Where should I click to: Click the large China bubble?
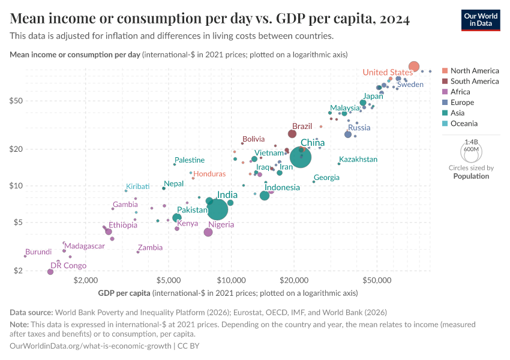coord(301,157)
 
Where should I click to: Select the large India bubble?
coord(217,209)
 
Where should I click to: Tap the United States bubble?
coord(413,67)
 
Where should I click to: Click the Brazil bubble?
coord(292,134)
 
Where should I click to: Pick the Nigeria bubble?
coord(208,232)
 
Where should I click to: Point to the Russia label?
coord(359,128)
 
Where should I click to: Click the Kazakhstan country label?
coord(358,160)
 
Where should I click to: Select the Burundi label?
coord(38,252)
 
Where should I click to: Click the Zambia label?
coord(150,247)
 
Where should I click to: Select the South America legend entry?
coord(474,81)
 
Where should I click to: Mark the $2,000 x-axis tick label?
coord(86,280)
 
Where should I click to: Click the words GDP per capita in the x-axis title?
coord(124,293)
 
